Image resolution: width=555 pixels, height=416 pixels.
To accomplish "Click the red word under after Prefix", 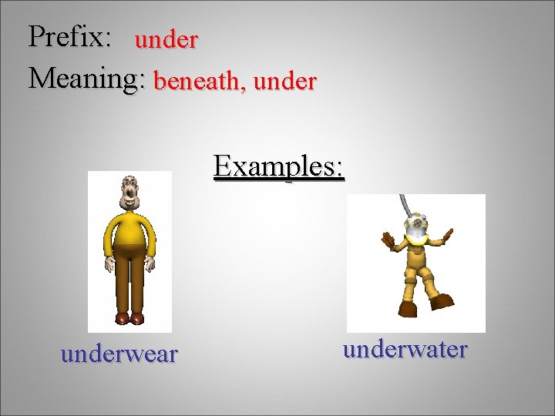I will tap(166, 41).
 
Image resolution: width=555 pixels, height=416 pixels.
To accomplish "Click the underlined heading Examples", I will tap(279, 166).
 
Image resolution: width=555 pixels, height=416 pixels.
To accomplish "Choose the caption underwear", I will tap(119, 354).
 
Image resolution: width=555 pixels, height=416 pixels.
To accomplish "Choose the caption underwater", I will tap(405, 350).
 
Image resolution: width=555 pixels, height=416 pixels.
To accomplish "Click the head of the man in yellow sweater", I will tap(129, 193).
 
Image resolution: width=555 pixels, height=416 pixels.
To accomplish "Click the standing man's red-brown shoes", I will tap(129, 317).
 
